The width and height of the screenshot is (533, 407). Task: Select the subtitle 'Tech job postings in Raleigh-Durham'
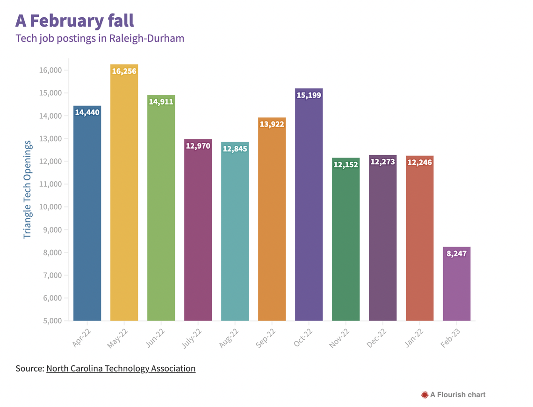coord(100,38)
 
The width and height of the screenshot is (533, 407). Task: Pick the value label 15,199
coord(309,95)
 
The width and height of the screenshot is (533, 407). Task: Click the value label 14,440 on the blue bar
coord(87,113)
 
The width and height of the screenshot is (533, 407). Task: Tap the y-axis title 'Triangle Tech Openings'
coord(27,189)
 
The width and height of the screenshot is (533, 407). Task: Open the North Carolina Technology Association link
coord(121,369)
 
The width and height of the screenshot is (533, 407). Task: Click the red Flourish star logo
coord(425,395)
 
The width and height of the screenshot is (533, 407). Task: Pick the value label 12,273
coord(383,162)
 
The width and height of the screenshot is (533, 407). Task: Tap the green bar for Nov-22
coord(346,243)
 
